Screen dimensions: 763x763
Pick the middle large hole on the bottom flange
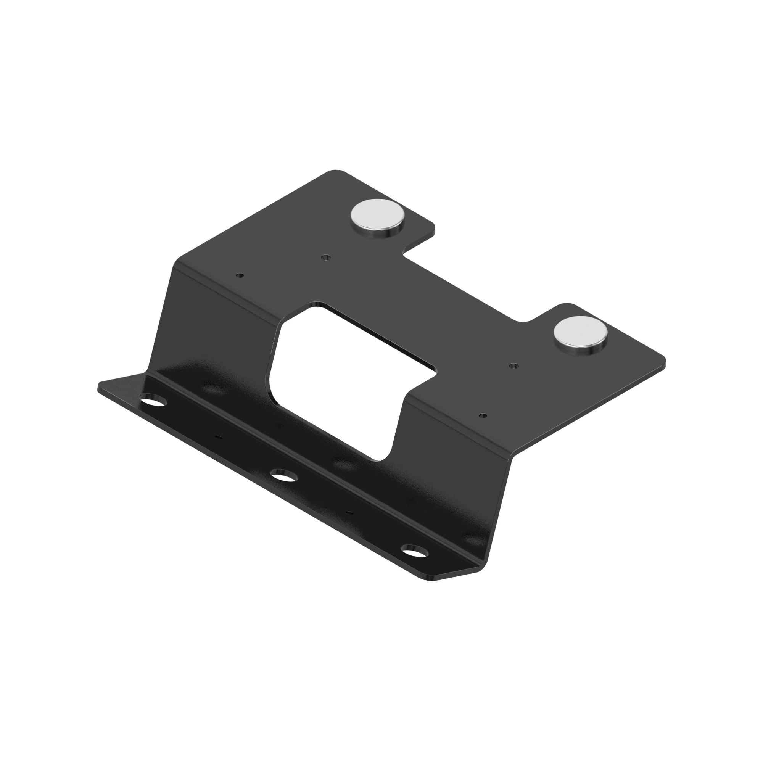pos(283,476)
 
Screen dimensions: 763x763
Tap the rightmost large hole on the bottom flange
pos(414,551)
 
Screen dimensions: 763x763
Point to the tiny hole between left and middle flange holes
pos(218,437)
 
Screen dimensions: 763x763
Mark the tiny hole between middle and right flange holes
pos(348,512)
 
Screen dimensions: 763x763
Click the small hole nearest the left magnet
pos(325,258)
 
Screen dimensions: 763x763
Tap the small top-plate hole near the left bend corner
pos(239,275)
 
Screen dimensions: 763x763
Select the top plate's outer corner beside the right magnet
pos(663,360)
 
